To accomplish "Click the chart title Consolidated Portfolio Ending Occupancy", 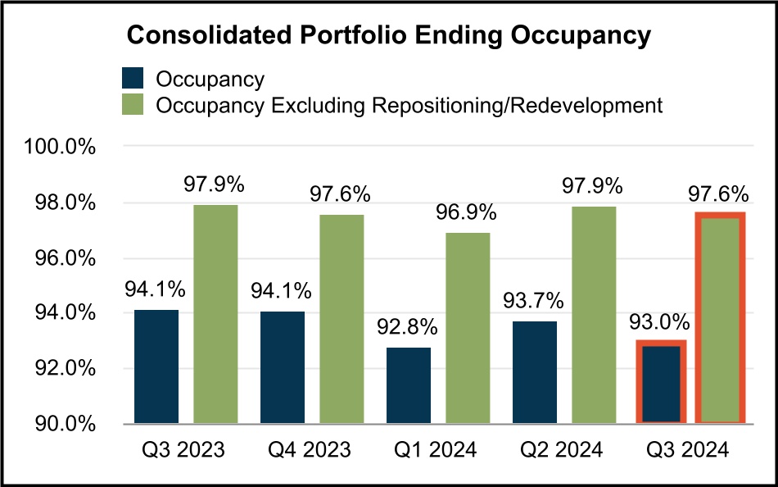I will point(388,35).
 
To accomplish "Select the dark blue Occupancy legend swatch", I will point(132,78).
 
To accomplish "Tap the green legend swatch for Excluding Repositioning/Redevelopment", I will point(132,105).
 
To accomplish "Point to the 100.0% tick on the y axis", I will point(61,148).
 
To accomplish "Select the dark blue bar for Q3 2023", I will point(156,366).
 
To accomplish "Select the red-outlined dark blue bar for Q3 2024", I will point(660,382).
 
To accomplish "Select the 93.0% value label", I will point(660,322).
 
